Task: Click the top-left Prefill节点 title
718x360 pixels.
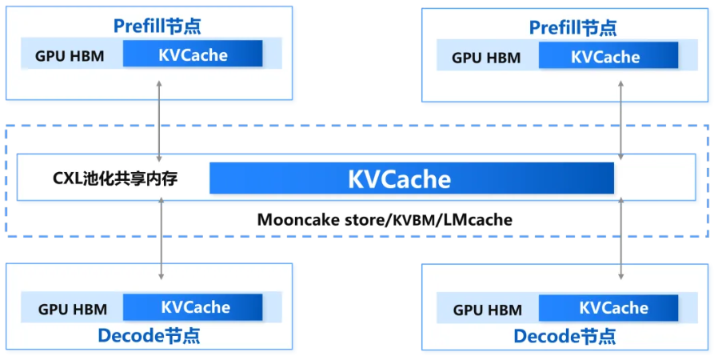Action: coord(157,26)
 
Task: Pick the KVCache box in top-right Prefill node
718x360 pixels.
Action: coord(608,57)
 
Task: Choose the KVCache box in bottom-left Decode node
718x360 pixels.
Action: coord(193,307)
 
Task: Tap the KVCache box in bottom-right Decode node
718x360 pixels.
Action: coord(608,308)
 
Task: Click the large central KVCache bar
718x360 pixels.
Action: coord(411,178)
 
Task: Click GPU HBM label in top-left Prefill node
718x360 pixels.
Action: coord(70,57)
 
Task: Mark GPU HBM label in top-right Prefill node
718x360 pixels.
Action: coord(486,58)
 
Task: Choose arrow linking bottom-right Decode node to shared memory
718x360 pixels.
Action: coord(621,240)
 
